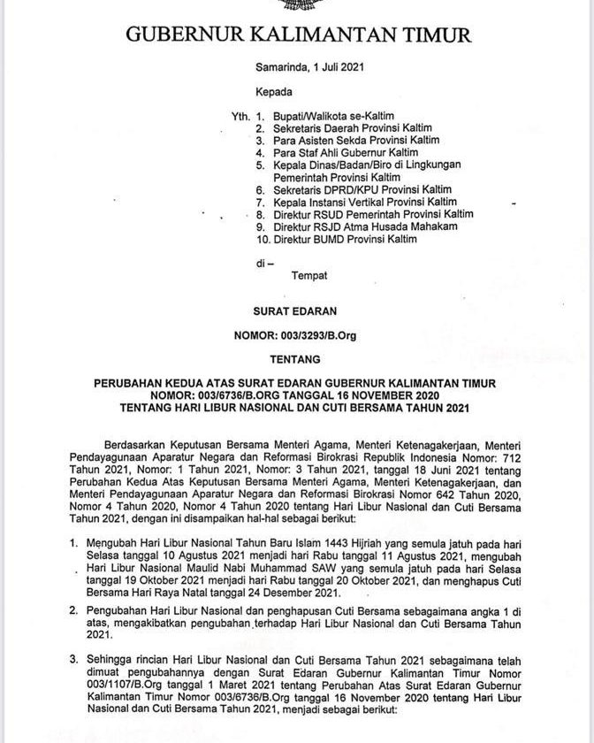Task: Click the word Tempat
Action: point(310,276)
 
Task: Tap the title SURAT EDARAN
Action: point(297,311)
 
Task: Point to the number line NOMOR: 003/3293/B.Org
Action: point(297,335)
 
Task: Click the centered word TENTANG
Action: point(297,359)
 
